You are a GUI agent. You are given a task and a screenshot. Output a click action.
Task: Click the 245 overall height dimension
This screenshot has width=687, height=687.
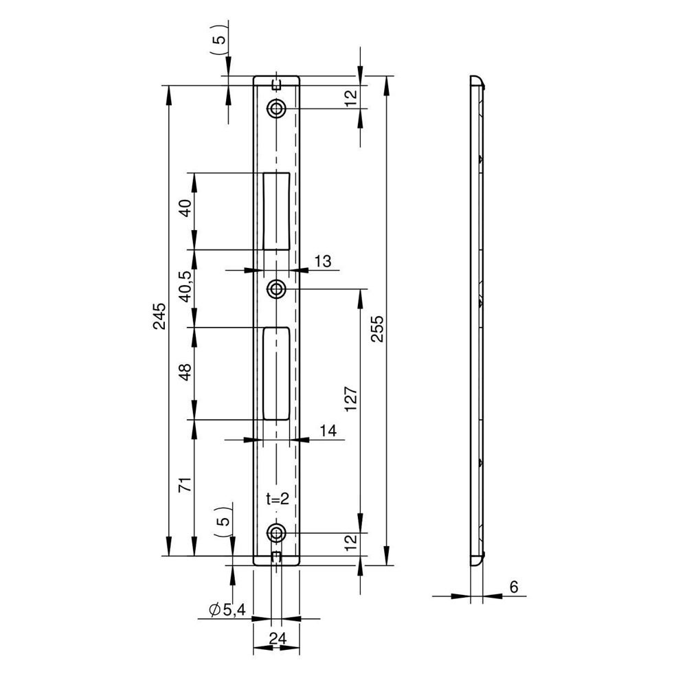159,316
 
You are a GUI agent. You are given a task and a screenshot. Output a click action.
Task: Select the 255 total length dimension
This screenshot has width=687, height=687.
376,328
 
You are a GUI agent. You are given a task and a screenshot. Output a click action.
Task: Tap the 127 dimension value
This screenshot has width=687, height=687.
351,398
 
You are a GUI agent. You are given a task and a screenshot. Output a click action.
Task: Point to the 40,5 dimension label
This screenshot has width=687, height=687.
185,286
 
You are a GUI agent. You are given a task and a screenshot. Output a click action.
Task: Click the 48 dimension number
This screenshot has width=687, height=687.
185,372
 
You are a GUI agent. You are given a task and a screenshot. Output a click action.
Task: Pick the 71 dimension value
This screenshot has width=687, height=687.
185,484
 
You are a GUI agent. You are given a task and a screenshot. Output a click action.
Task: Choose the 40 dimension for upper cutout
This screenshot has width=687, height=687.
185,208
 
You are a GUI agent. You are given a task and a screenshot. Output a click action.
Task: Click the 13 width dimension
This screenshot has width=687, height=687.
322,262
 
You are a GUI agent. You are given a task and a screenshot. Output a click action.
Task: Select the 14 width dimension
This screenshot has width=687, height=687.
328,431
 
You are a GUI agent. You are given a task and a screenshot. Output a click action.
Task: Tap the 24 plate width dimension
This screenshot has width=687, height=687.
278,638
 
